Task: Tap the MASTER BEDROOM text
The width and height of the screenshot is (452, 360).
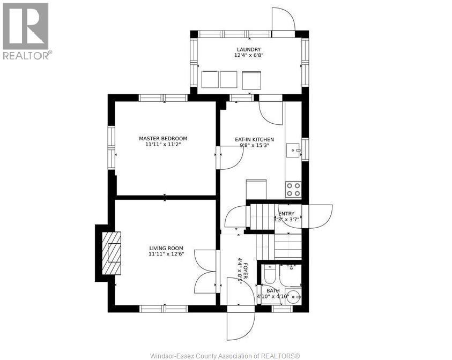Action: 163,138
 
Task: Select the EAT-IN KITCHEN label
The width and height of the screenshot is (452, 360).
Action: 255,139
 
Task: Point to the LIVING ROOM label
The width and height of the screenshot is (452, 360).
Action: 166,248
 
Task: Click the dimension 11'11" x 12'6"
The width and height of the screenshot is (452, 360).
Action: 166,254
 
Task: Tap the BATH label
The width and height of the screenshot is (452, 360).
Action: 273,290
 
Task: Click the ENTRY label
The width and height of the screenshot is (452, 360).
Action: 286,213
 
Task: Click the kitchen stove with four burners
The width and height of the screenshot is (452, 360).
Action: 293,190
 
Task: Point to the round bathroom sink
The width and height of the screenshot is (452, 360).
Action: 293,296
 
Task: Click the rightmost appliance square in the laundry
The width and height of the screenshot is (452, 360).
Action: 251,80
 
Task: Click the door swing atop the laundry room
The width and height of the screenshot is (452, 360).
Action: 283,20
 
